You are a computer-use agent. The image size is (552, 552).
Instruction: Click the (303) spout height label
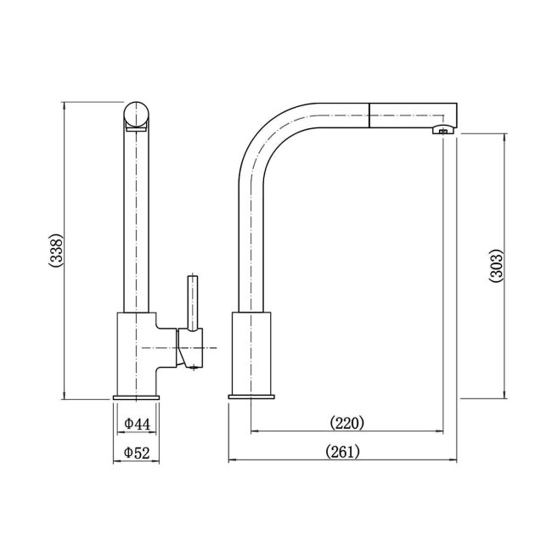(x=497, y=266)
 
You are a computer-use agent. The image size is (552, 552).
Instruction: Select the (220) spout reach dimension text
(x=346, y=422)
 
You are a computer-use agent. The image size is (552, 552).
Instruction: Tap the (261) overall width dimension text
(x=343, y=452)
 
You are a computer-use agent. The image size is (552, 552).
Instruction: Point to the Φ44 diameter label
(x=137, y=423)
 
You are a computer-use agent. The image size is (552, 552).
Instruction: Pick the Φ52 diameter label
(x=137, y=453)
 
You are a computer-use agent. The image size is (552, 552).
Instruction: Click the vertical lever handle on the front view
(x=193, y=301)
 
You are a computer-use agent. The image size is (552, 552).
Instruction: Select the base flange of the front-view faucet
(x=136, y=397)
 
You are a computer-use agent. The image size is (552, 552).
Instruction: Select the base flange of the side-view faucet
(x=252, y=397)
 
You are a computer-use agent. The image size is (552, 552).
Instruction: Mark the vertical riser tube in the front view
(x=136, y=221)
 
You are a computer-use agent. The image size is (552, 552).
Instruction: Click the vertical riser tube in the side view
(x=252, y=246)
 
